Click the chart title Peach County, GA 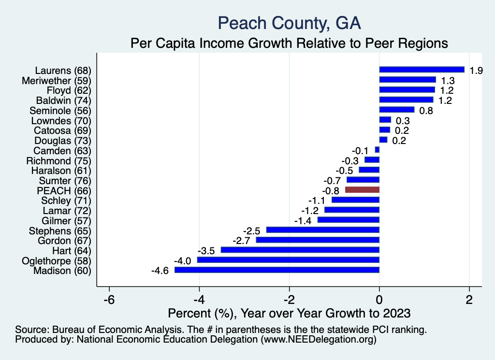(x=290, y=23)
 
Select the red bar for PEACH (x=362, y=190)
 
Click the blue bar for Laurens (x=422, y=70)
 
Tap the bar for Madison (x=277, y=270)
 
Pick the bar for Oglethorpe (x=288, y=260)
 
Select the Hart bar (x=300, y=250)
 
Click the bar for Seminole (x=397, y=110)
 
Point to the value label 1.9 (x=476, y=71)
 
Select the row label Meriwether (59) (x=57, y=80)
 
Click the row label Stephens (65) (x=60, y=230)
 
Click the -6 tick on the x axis (x=109, y=299)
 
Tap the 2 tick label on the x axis (x=469, y=299)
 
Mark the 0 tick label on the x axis (x=379, y=299)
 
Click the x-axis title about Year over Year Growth (x=289, y=313)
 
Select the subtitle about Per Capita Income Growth (x=290, y=43)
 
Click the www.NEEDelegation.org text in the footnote (x=318, y=340)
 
